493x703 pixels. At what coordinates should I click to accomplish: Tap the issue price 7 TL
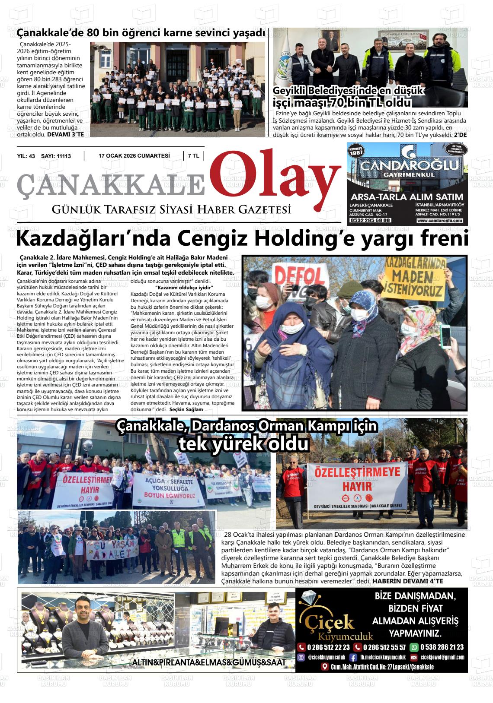click(193, 156)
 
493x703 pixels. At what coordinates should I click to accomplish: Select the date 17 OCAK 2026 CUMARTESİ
click(134, 156)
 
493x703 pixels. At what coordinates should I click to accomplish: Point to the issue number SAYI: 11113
click(56, 156)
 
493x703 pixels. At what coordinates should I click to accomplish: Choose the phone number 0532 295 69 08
click(370, 220)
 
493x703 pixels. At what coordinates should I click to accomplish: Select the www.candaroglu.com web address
click(439, 221)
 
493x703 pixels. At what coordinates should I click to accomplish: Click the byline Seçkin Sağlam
click(186, 409)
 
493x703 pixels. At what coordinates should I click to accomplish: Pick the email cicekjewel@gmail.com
click(438, 657)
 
